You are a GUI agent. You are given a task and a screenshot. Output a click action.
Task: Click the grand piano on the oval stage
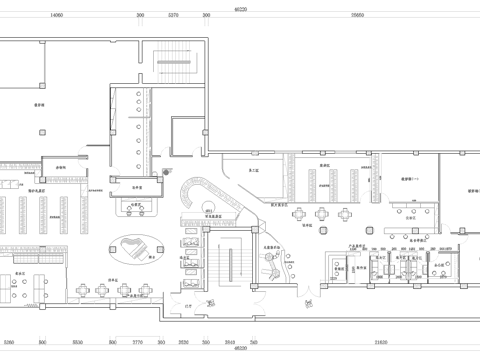click(x=137, y=246)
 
